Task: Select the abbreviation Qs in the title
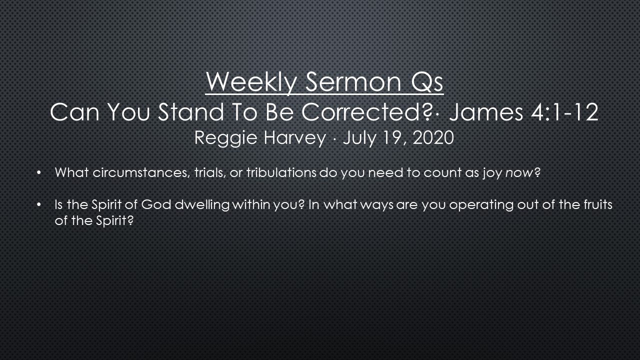coord(427,82)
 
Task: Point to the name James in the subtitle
coord(486,112)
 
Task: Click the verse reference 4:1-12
coord(565,112)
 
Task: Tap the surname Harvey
coord(294,138)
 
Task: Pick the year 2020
coord(433,137)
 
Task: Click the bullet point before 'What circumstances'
coord(39,173)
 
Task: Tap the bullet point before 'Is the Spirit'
coord(39,205)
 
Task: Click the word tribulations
coord(281,172)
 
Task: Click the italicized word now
coord(519,173)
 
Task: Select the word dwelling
coord(202,205)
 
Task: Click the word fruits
coord(598,204)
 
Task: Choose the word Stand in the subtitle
coord(191,112)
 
